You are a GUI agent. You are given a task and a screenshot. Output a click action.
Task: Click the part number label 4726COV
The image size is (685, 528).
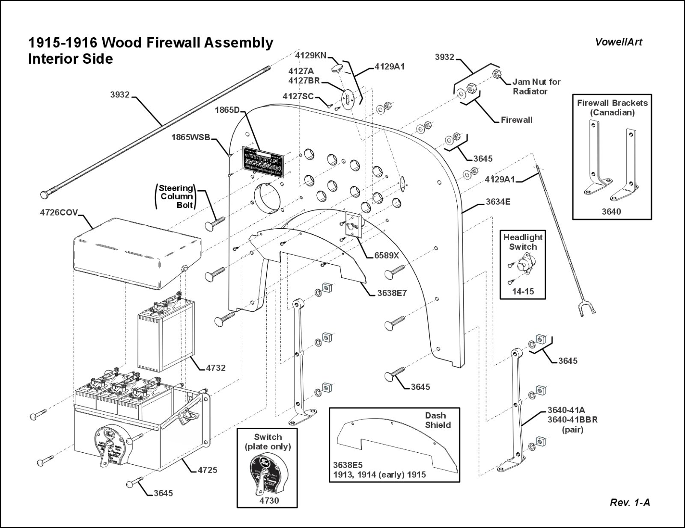(59, 212)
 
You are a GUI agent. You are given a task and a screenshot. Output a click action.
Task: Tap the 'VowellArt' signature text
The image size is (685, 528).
(619, 42)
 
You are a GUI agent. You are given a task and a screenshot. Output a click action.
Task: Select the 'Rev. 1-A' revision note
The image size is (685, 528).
(629, 503)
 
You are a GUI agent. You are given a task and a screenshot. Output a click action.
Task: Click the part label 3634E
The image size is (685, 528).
(498, 201)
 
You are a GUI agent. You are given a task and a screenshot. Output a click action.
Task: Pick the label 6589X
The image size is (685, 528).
(386, 255)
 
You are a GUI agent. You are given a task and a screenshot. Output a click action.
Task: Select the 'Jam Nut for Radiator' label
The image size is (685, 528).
(536, 86)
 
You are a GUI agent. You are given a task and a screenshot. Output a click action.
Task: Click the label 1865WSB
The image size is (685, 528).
(191, 137)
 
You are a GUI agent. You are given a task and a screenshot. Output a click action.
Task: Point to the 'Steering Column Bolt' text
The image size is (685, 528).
(176, 196)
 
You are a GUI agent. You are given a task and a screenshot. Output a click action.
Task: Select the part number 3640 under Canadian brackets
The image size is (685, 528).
(611, 211)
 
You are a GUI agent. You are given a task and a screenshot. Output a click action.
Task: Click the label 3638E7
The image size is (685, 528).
(392, 293)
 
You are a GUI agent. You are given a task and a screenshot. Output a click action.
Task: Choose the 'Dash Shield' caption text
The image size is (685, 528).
(438, 420)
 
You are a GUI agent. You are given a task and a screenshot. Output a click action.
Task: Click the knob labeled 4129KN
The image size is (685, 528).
(337, 68)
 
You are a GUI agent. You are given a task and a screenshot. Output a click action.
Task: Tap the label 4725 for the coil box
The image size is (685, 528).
(207, 470)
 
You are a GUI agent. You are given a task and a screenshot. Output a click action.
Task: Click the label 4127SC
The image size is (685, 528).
(298, 97)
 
